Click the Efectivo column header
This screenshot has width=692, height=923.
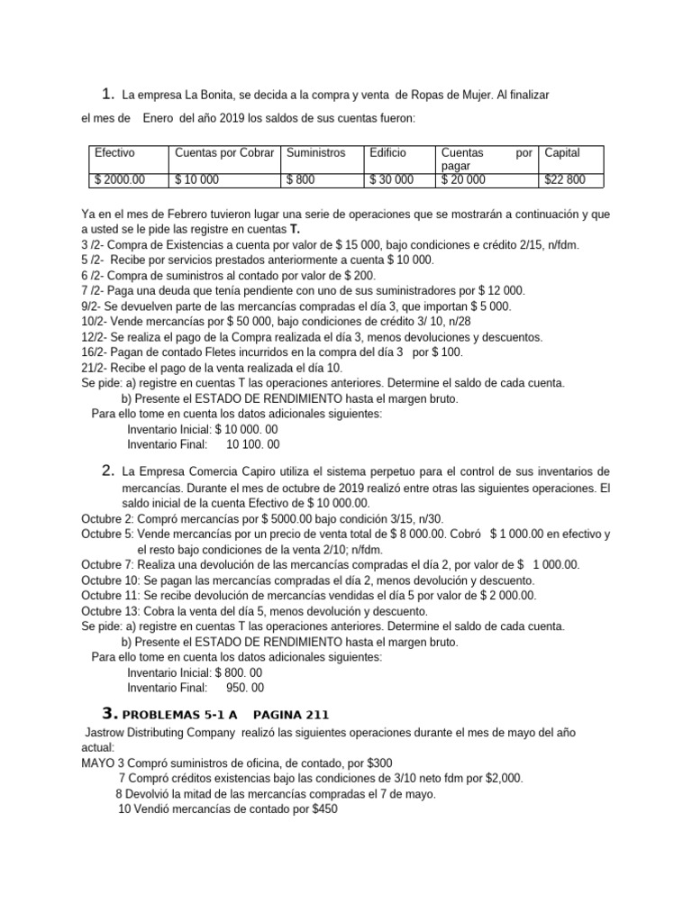pyautogui.click(x=114, y=153)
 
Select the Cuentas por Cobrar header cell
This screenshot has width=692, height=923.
pyautogui.click(x=225, y=153)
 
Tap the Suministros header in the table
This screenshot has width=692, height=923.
pyautogui.click(x=315, y=153)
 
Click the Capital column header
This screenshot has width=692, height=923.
pyautogui.click(x=562, y=153)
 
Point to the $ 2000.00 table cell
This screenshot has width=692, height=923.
pyautogui.click(x=120, y=180)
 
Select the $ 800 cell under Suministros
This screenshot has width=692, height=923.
pyautogui.click(x=301, y=180)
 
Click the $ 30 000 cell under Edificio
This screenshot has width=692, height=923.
pyautogui.click(x=392, y=180)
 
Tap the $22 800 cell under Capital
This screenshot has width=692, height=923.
pyautogui.click(x=565, y=180)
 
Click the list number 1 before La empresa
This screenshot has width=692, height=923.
pyautogui.click(x=107, y=93)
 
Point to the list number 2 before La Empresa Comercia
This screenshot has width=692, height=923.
pyautogui.click(x=107, y=471)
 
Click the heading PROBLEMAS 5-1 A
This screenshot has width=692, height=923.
pyautogui.click(x=170, y=716)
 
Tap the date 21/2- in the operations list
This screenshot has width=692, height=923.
pyautogui.click(x=96, y=368)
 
